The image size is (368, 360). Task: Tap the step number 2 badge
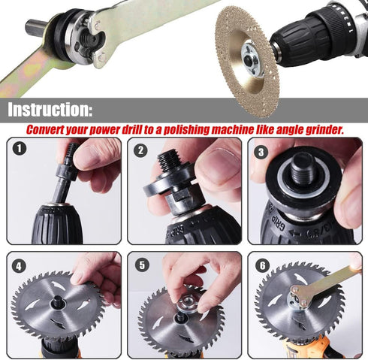point(140,150)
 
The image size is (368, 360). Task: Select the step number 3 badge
point(261,150)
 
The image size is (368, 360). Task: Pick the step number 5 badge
point(140,265)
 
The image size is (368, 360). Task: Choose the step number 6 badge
point(261,265)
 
